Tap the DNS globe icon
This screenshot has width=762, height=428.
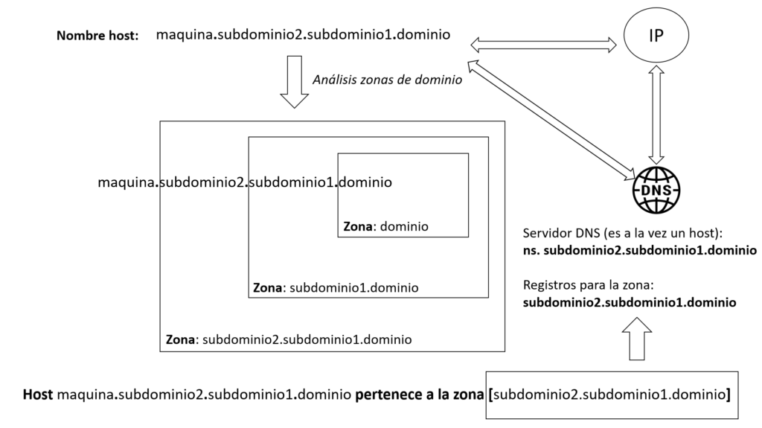coord(656,190)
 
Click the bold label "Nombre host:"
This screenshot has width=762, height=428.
coord(97,36)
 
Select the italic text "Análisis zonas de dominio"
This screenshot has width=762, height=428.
coord(387,80)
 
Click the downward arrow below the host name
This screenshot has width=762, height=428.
coord(295,82)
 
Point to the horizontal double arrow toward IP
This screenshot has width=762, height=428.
coord(543,45)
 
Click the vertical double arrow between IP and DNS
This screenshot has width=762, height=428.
coord(656,115)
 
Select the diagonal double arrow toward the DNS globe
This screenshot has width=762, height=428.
coord(551,118)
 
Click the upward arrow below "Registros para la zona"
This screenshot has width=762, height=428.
coord(637,339)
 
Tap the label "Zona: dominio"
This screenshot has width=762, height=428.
coord(386,226)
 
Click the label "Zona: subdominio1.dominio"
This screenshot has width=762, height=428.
coord(336,288)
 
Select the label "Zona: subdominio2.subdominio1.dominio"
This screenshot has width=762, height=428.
coord(289,339)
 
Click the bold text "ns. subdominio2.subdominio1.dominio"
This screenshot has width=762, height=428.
coord(639,251)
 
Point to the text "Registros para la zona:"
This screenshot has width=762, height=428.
coord(588,285)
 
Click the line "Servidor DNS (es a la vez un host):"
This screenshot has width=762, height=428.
coord(623,233)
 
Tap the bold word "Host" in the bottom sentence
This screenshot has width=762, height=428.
coord(37,395)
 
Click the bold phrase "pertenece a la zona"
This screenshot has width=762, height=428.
coord(419,395)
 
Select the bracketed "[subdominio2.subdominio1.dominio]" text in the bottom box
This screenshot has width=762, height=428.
coord(609,395)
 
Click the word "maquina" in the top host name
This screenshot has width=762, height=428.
coord(185,35)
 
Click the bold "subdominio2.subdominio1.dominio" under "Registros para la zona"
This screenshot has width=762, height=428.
coord(630,302)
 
